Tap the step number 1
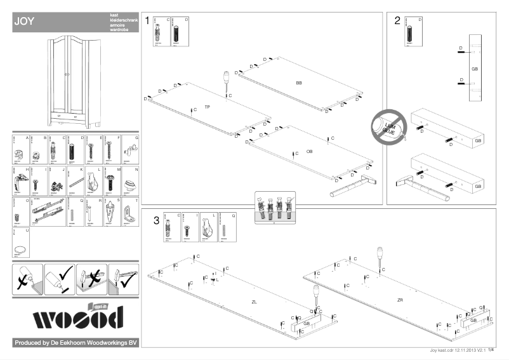(147, 21)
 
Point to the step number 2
(397, 21)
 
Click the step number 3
(156, 220)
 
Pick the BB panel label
(299, 83)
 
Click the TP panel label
(208, 107)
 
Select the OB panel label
(310, 151)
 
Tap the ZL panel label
(255, 302)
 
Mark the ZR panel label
(400, 300)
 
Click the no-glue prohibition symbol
(385, 126)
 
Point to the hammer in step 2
(418, 184)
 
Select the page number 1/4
(491, 348)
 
